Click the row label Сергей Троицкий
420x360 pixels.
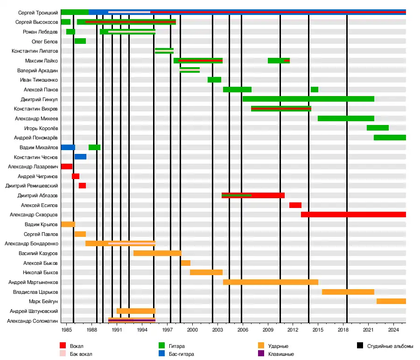coord(39,12)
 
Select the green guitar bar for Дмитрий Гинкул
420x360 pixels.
coord(308,99)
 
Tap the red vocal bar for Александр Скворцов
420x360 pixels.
coord(353,215)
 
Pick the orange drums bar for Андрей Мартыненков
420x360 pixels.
coord(271,282)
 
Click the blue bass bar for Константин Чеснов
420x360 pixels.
coord(80,157)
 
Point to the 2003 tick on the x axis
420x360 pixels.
coord(217,330)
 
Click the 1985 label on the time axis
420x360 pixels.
coord(67,330)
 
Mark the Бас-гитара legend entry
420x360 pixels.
coord(181,354)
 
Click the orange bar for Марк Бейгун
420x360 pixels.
coord(391,301)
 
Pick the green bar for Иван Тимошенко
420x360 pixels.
coord(214,80)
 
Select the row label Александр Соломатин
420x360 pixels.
coord(32,321)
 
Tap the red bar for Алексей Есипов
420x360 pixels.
coord(295,205)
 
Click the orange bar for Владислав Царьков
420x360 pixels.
coord(348,292)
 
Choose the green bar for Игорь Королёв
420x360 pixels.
coord(378,128)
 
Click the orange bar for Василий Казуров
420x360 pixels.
coord(157,253)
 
